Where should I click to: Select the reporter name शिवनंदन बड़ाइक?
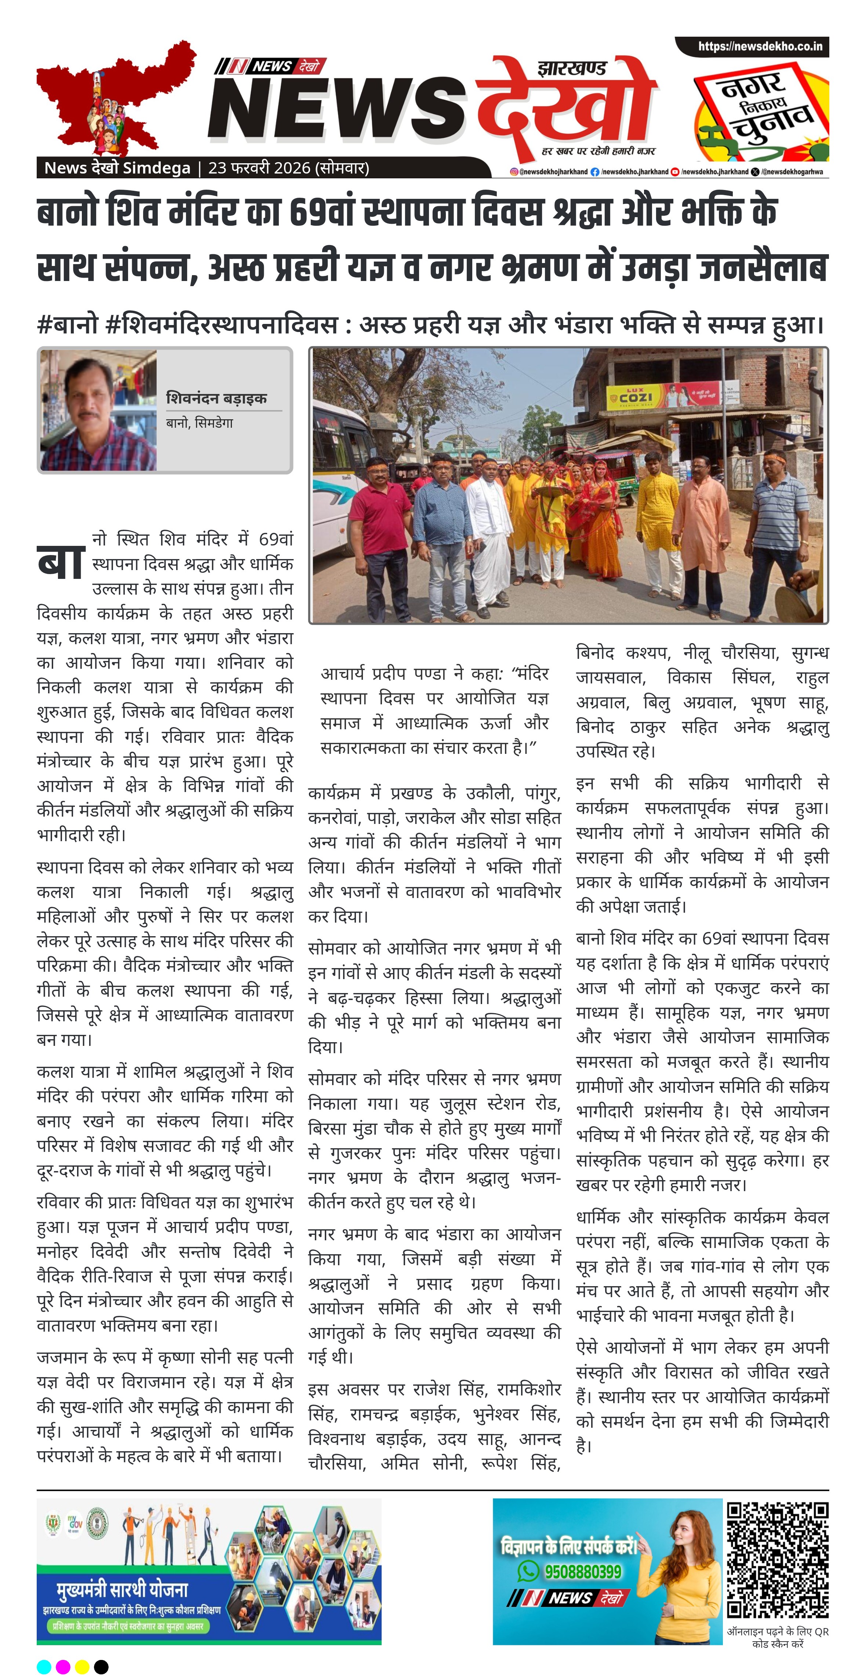216,398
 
